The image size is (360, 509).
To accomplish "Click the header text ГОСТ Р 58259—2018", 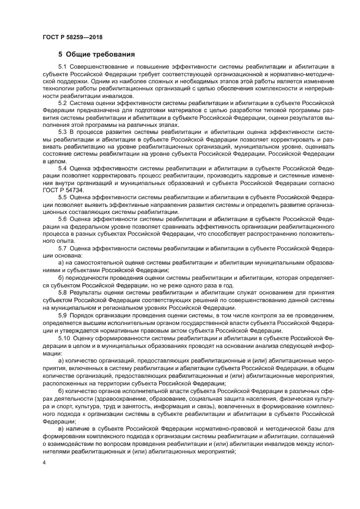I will pyautogui.click(x=72, y=37).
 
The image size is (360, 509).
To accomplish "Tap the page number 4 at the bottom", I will pyautogui.click(x=45, y=462).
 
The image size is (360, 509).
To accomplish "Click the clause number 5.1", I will pyautogui.click(x=63, y=66).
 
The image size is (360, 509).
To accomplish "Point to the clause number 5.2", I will pyautogui.click(x=63, y=102).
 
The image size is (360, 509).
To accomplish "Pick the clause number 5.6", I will pyautogui.click(x=63, y=218).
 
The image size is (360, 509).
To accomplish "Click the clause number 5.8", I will pyautogui.click(x=63, y=292).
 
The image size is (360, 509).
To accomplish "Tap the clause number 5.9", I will pyautogui.click(x=63, y=315).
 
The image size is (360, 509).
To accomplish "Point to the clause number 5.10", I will pyautogui.click(x=64, y=338).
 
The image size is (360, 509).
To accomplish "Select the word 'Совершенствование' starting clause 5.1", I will pyautogui.click(x=96, y=66).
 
